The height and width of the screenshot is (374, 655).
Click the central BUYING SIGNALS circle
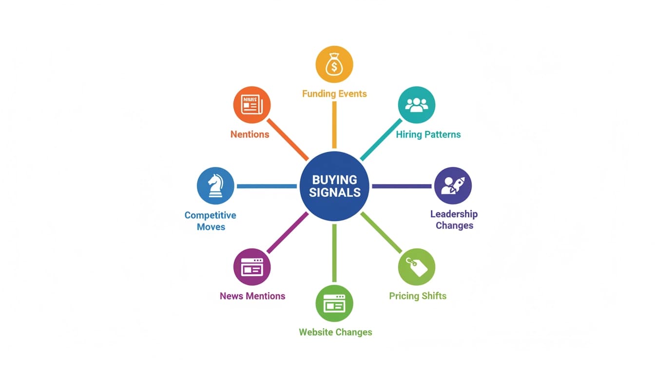tap(334, 186)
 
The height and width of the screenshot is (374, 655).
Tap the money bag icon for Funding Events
tap(334, 64)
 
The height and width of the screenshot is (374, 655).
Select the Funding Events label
tap(334, 94)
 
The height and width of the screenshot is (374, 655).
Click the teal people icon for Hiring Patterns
tap(416, 105)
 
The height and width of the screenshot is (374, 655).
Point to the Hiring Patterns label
tap(428, 134)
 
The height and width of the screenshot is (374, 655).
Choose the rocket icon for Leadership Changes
tap(453, 186)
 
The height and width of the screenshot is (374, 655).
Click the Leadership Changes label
tap(454, 220)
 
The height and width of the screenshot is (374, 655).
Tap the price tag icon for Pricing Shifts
tap(416, 267)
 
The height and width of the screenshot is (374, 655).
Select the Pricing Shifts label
tap(418, 296)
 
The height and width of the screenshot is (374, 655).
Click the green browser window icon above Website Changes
tap(334, 303)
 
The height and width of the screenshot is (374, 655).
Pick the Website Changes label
tap(335, 332)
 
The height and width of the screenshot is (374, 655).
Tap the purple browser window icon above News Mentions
tap(252, 267)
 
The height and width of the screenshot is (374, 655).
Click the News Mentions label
tap(252, 296)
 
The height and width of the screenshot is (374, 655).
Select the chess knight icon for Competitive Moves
tap(215, 186)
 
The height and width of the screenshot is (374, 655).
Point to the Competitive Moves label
tap(211, 221)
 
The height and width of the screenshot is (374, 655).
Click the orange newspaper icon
tap(252, 105)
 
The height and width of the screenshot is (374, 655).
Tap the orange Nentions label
tap(250, 134)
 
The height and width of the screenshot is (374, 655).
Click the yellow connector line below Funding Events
tap(334, 125)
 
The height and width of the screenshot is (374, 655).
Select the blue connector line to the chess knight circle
tap(267, 186)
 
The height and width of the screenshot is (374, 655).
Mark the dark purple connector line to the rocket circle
tap(402, 186)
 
